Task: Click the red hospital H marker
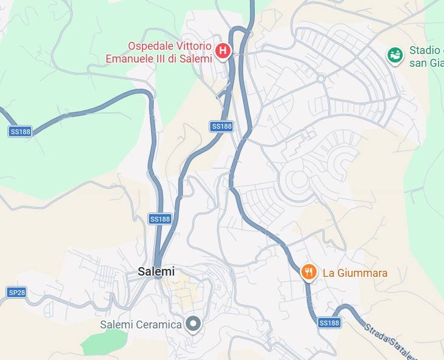click(x=223, y=51)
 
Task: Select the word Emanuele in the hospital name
click(x=130, y=59)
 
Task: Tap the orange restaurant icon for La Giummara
click(x=309, y=272)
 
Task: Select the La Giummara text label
click(x=355, y=273)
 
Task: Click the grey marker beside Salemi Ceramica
click(x=193, y=324)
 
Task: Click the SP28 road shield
click(x=17, y=292)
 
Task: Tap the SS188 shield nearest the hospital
click(x=221, y=126)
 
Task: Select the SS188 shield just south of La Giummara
click(x=329, y=323)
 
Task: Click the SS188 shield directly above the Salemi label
click(x=160, y=219)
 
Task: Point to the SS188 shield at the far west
click(x=20, y=131)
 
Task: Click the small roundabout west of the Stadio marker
click(x=320, y=78)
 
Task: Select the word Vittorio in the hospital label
click(x=193, y=46)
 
